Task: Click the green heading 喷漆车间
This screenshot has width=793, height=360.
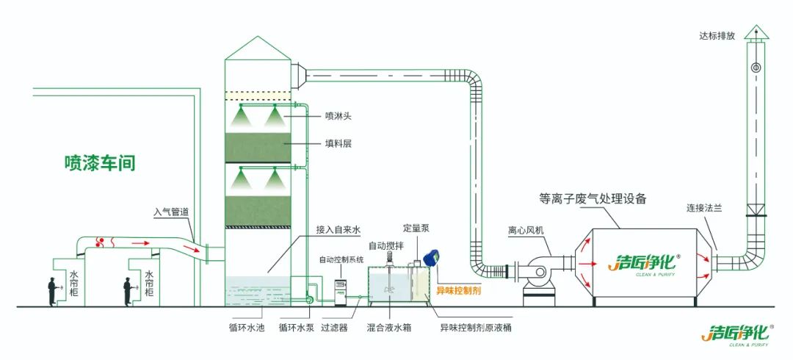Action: click(100, 163)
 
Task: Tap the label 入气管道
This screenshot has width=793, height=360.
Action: click(171, 212)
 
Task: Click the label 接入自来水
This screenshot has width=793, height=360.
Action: click(338, 230)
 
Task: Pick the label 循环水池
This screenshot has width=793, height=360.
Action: click(247, 328)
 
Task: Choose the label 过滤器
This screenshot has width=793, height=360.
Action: click(334, 328)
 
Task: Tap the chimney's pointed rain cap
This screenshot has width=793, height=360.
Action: click(756, 32)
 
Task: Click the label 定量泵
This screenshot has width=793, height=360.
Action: click(417, 228)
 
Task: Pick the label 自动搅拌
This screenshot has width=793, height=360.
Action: click(385, 245)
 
